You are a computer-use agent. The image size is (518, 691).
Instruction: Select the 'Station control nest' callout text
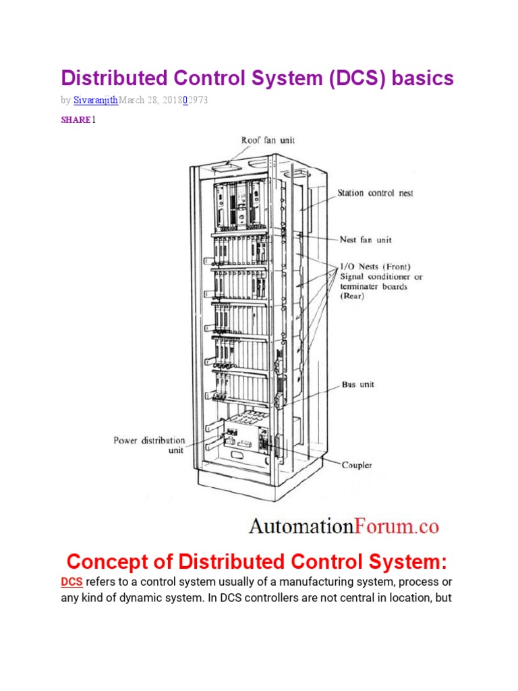375,193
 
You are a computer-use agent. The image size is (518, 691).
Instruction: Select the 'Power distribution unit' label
148,445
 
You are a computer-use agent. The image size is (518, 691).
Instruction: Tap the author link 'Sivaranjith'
95,100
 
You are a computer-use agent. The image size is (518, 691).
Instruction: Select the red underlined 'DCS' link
71,581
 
